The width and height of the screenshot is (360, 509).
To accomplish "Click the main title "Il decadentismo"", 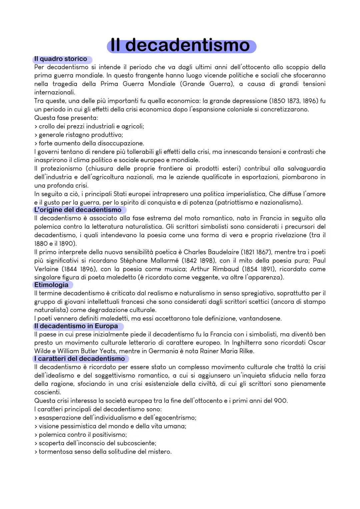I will point(181,45).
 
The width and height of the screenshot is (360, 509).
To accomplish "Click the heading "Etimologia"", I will point(51,285).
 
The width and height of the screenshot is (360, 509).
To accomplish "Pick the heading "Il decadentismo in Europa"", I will point(76,326).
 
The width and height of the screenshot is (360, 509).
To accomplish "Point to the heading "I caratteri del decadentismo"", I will point(80,359).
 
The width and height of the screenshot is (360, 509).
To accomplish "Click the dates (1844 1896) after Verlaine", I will point(77,269).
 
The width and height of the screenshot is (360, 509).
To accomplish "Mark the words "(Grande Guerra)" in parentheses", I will point(207,84).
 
